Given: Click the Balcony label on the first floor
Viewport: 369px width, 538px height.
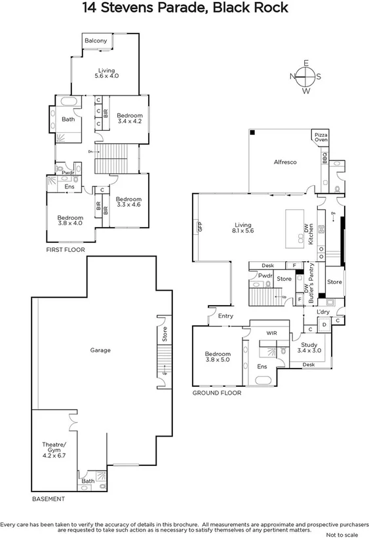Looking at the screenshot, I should (x=96, y=41).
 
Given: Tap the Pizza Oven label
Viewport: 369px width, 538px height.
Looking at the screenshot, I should (x=320, y=137).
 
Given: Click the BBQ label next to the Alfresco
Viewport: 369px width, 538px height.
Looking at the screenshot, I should (x=324, y=157).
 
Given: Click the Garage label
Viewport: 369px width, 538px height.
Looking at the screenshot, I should (x=100, y=350).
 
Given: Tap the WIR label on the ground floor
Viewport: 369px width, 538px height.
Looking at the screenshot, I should (x=271, y=333).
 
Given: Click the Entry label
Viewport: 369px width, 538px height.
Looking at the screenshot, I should (x=225, y=316).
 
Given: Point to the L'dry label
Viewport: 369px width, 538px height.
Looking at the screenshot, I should (x=323, y=312).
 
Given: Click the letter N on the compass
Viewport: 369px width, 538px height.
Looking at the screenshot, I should (x=292, y=77).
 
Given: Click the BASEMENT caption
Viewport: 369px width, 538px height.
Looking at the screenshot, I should (x=49, y=499).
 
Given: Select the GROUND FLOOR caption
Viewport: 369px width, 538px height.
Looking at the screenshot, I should (x=216, y=393).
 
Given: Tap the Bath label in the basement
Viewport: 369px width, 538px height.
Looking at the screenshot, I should (x=88, y=481).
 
